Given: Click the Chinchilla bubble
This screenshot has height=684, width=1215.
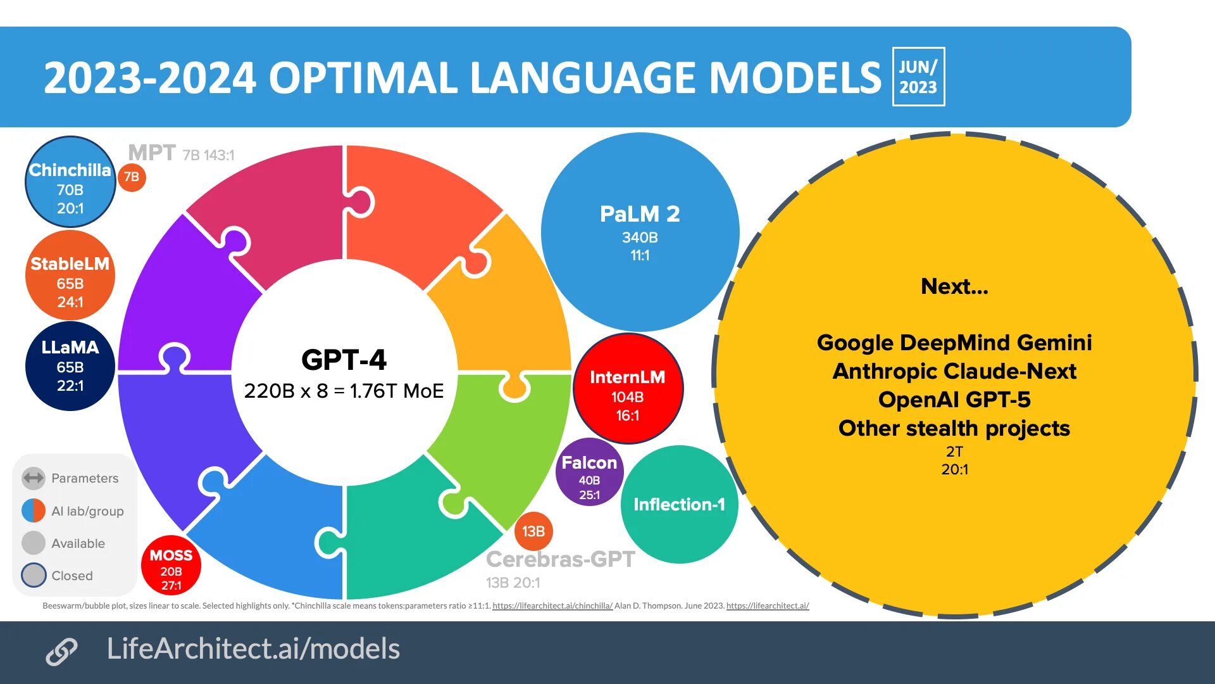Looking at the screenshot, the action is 70,182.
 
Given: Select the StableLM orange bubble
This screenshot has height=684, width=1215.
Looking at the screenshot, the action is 70,275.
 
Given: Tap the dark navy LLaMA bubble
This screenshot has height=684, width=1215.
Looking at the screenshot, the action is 70,366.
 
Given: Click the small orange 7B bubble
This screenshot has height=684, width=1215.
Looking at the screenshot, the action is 132,177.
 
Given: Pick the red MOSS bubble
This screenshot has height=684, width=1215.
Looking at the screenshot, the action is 171,566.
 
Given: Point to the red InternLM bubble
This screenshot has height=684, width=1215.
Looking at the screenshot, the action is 627,389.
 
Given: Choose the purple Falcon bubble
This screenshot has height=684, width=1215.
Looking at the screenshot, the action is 589,472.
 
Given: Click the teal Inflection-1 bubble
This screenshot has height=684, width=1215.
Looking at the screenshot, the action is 679,505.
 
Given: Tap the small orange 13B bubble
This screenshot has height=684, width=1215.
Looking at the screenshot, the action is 533,531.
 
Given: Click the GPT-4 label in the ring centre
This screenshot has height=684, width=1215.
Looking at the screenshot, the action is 344,360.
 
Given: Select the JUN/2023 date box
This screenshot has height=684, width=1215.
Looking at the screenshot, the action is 918,77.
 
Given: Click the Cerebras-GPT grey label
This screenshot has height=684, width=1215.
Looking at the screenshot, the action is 560,560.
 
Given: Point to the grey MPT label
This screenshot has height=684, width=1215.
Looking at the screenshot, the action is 152,153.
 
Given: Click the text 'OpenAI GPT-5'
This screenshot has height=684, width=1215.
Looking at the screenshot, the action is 954,400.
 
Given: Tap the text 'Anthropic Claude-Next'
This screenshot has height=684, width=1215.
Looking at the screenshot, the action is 954,371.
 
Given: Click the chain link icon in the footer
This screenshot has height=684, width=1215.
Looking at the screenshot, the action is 61,652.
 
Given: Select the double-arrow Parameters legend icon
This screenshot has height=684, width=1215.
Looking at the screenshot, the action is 34,478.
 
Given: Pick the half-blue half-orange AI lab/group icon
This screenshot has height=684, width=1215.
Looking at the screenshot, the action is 34,510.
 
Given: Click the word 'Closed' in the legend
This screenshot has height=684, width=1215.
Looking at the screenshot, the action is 72,576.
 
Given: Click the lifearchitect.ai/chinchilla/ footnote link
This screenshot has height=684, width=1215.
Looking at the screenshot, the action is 552,606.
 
